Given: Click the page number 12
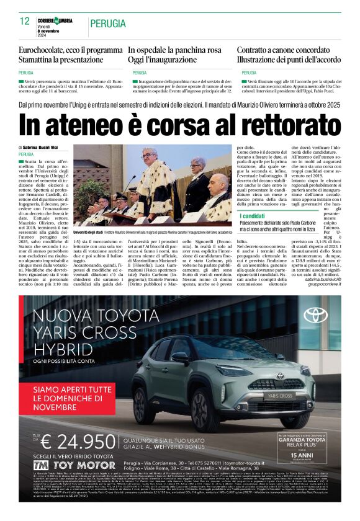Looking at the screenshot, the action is point(25,22).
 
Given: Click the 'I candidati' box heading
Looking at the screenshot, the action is point(253,216).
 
